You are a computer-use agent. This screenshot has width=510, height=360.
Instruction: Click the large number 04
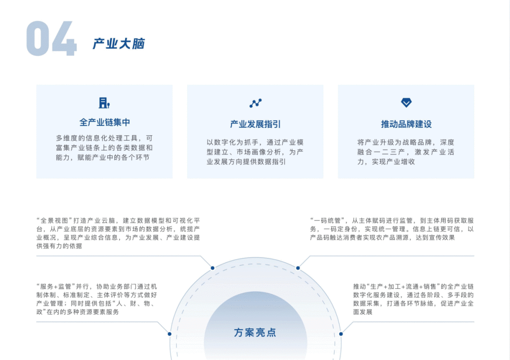tap(51, 39)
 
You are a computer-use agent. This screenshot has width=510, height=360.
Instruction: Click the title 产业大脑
tap(119, 44)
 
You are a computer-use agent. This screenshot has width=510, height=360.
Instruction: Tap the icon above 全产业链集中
tap(104, 103)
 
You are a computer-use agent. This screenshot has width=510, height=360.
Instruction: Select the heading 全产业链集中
tap(104, 123)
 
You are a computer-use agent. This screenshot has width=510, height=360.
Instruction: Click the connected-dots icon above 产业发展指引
tap(255, 103)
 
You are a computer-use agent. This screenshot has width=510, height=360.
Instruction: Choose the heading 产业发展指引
tap(255, 125)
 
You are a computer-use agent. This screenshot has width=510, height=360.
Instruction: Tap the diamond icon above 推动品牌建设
tap(406, 103)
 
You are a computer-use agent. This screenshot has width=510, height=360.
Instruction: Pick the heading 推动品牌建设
tap(406, 125)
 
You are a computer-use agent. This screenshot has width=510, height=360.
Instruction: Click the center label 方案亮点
tap(255, 333)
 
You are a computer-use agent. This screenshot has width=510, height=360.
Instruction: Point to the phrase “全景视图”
tap(53, 220)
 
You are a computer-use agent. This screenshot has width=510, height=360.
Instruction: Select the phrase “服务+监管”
tap(53, 286)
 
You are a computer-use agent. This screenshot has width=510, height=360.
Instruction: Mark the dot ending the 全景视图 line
tap(212, 268)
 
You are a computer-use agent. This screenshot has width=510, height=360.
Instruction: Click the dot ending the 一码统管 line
tap(298, 268)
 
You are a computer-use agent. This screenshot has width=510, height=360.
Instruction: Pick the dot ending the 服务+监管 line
tap(170, 334)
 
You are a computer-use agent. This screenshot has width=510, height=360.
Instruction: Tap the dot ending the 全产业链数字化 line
tap(341, 334)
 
